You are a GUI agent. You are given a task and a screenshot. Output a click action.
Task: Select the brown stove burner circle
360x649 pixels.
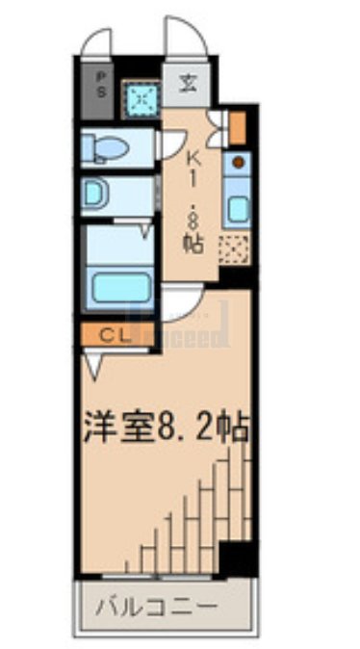[237, 161]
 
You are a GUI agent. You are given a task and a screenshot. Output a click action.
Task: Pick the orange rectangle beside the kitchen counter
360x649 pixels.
[238, 127]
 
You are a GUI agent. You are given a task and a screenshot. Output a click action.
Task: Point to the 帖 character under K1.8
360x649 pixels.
[193, 243]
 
